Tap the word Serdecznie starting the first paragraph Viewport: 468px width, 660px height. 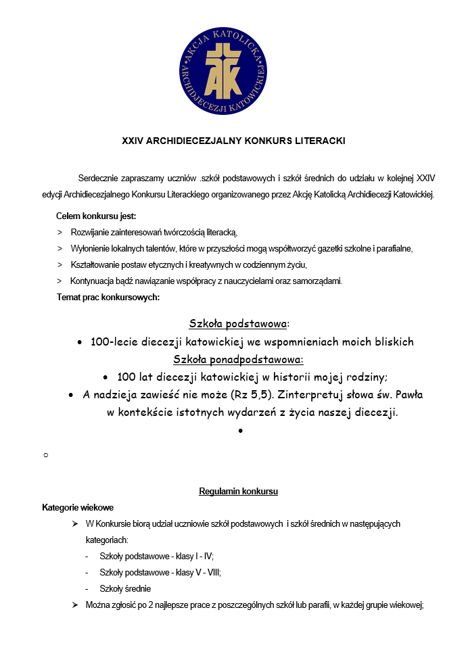click(101, 179)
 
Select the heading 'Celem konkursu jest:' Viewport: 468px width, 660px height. click(96, 216)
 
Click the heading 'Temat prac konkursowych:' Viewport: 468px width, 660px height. click(108, 297)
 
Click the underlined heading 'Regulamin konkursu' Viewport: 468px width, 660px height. click(238, 492)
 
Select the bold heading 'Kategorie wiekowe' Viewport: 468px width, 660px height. click(78, 507)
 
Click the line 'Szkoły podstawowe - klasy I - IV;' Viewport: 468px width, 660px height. click(156, 557)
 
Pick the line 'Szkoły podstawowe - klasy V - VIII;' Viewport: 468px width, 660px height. click(160, 572)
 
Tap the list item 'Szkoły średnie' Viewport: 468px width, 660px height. click(125, 588)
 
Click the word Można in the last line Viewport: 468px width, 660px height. click(99, 605)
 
